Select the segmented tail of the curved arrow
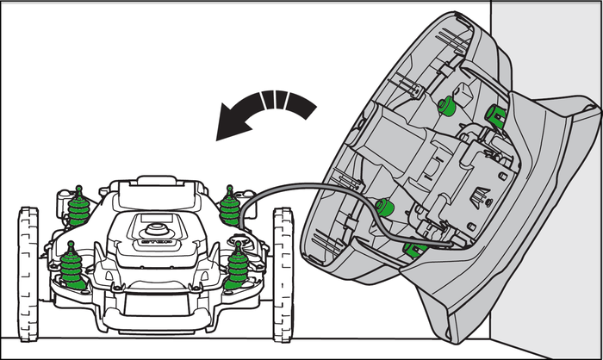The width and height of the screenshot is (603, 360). click(289, 102)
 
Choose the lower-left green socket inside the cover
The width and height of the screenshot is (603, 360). click(385, 207)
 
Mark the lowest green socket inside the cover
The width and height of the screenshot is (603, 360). click(415, 250)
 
